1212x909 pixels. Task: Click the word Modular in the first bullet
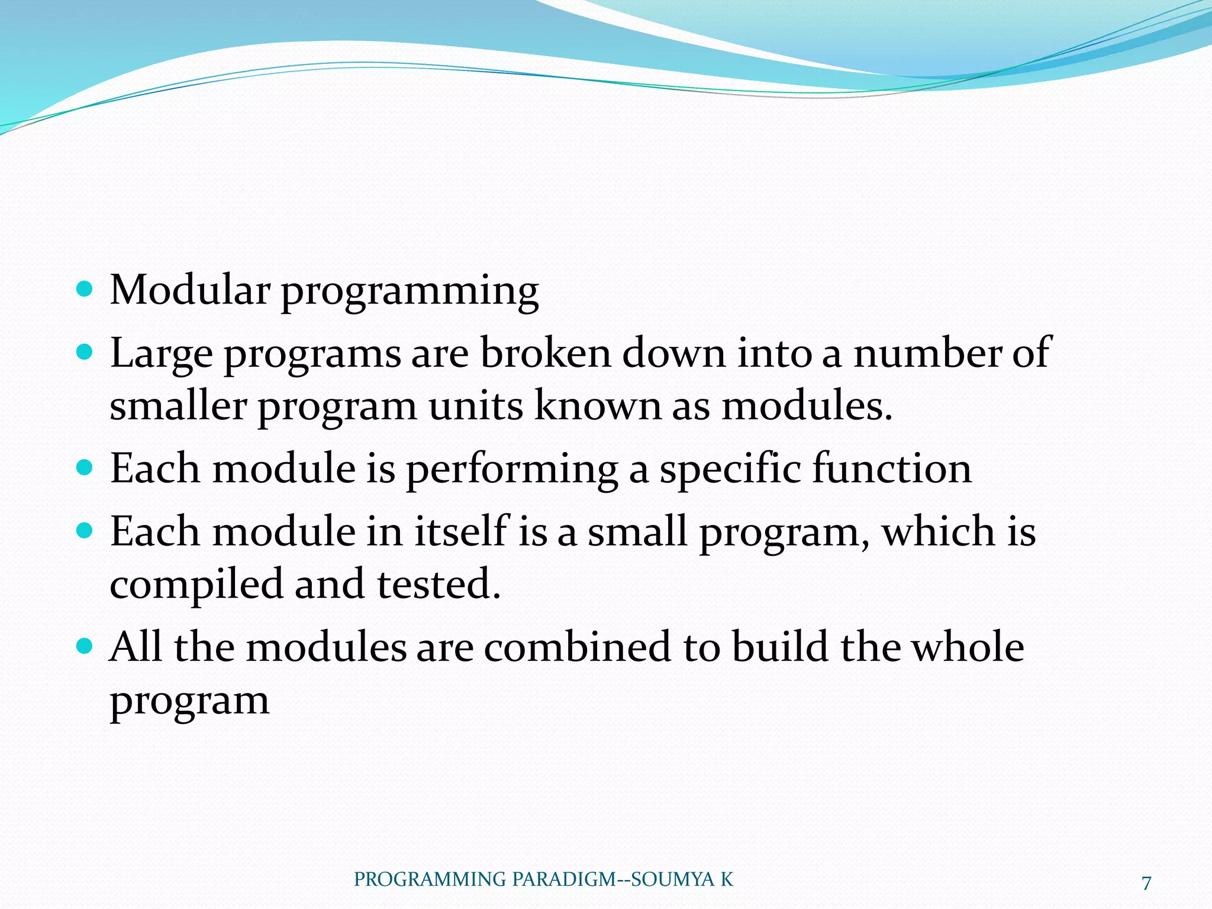click(190, 290)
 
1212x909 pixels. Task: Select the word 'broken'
click(544, 353)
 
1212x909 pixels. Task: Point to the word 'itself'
click(461, 531)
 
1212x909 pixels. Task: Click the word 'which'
click(938, 531)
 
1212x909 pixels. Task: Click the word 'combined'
click(578, 646)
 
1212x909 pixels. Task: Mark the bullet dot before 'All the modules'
click(85, 646)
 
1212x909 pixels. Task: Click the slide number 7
click(1146, 883)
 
